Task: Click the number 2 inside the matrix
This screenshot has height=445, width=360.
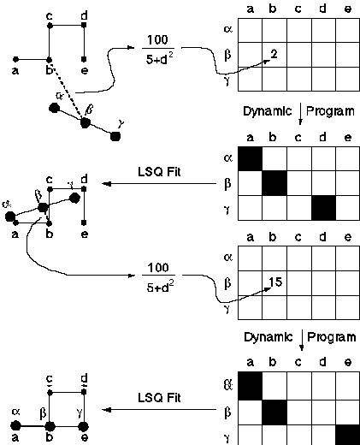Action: pos(274,54)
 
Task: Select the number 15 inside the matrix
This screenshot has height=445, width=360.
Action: pos(275,282)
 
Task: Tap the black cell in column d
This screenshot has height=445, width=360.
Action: pos(324,208)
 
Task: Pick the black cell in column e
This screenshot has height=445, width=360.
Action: pos(348,435)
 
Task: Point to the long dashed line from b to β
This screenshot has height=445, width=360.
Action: pos(68,91)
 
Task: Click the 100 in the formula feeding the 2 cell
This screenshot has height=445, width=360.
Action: pos(157,39)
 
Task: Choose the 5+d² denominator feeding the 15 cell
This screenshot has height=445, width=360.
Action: pos(160,287)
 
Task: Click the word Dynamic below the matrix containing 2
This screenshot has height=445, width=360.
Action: pos(268,111)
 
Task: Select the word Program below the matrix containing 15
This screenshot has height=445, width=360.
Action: pos(331,337)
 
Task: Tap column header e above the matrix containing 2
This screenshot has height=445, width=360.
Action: pos(348,9)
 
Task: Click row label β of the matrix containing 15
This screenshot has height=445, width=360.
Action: pos(227,283)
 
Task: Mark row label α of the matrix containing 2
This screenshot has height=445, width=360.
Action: pos(228,29)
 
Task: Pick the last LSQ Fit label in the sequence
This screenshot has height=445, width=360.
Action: pos(159,397)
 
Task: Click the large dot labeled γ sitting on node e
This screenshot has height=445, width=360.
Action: pos(83,427)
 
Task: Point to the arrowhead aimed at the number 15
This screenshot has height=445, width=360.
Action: pos(268,289)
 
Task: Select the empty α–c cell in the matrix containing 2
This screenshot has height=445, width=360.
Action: pos(299,31)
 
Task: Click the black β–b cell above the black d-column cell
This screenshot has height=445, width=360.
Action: pos(274,183)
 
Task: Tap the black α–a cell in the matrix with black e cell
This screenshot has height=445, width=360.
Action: pos(250,386)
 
